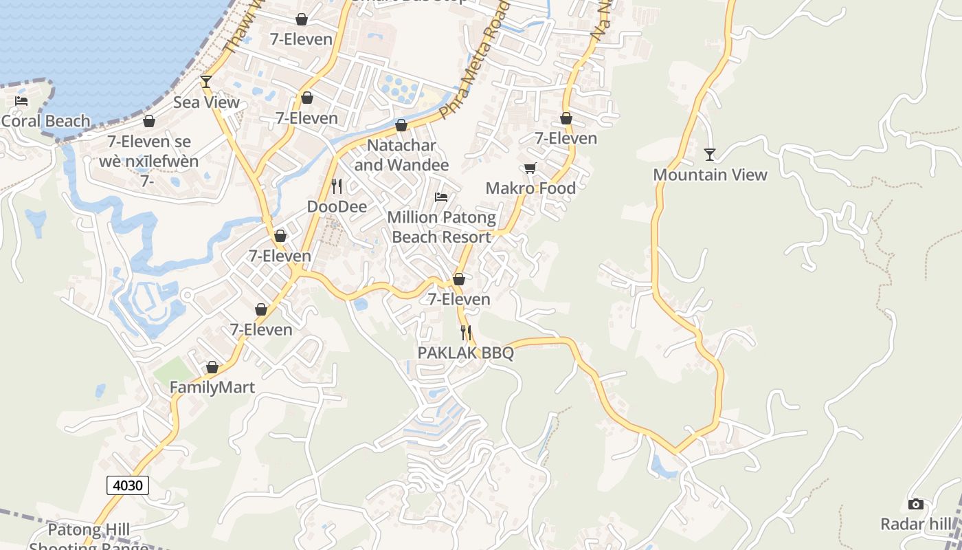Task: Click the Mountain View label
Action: pyautogui.click(x=710, y=175)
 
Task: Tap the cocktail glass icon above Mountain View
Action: pyautogui.click(x=710, y=155)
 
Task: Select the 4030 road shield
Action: pyautogui.click(x=128, y=485)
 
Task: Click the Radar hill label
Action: pyautogui.click(x=916, y=524)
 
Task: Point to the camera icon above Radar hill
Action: pyautogui.click(x=916, y=505)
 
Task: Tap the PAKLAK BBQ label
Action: pyautogui.click(x=465, y=353)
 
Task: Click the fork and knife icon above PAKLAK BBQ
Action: pyautogui.click(x=466, y=333)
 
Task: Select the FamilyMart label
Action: pyautogui.click(x=212, y=388)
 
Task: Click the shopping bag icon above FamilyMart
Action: pyautogui.click(x=212, y=368)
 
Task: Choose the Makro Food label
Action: pyautogui.click(x=530, y=188)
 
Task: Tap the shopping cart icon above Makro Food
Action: pyautogui.click(x=530, y=168)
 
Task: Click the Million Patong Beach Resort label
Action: pyautogui.click(x=441, y=227)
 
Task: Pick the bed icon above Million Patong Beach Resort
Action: pyautogui.click(x=441, y=197)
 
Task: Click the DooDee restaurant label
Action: pyautogui.click(x=337, y=206)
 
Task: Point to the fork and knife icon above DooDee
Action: pyautogui.click(x=337, y=186)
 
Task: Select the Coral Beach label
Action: pyautogui.click(x=45, y=121)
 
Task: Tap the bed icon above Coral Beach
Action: pyautogui.click(x=21, y=101)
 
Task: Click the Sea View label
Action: pyautogui.click(x=206, y=102)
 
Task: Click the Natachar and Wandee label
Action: pyautogui.click(x=401, y=155)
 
